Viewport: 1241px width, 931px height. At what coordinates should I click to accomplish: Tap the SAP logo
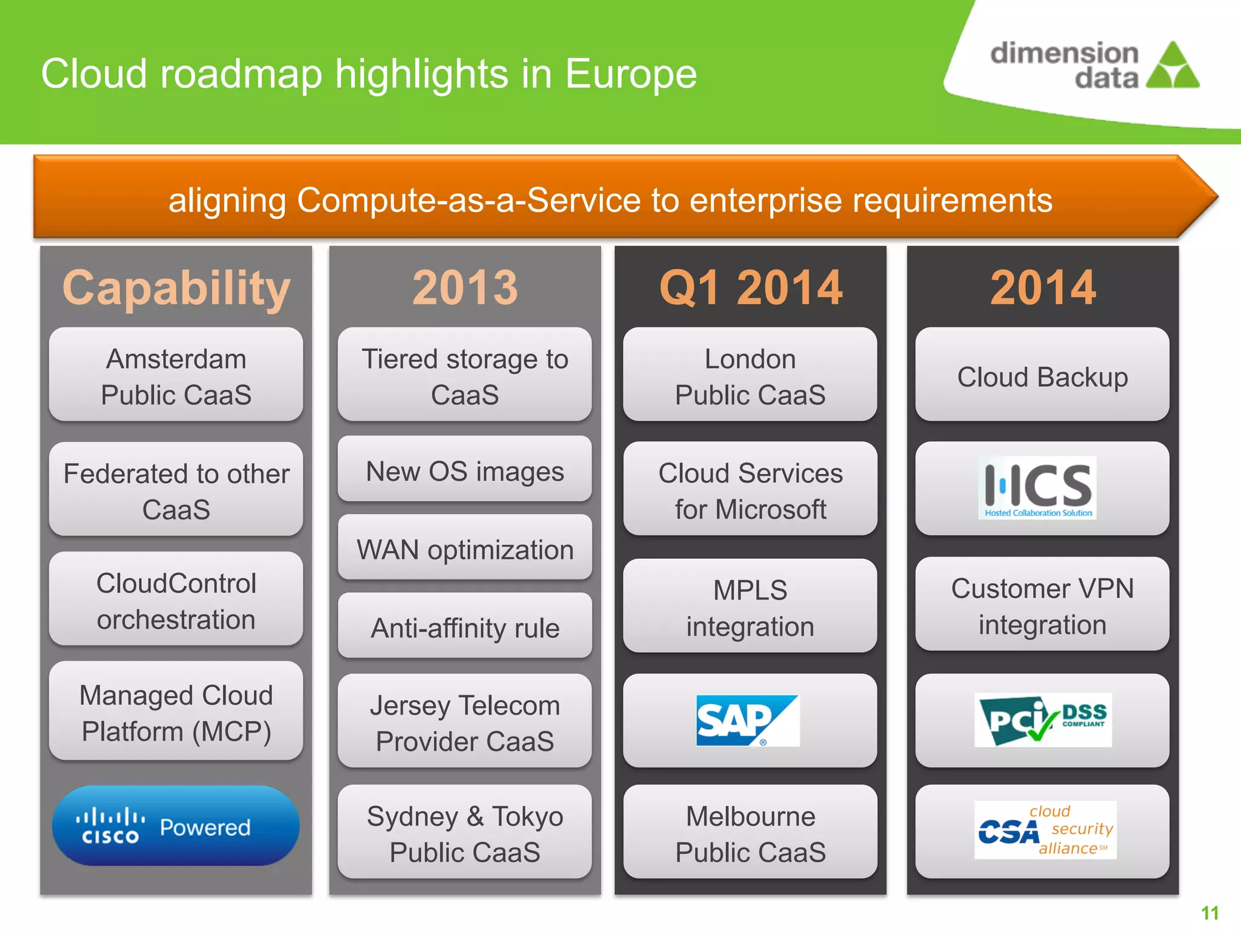[748, 720]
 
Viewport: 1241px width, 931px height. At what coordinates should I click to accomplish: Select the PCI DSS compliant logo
[1043, 719]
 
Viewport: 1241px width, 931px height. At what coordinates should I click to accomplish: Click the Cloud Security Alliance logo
[1045, 830]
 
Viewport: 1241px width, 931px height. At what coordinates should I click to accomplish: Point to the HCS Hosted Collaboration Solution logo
[1037, 488]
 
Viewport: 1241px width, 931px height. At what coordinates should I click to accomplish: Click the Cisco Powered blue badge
[176, 826]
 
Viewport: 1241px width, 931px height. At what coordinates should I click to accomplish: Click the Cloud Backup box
[1042, 376]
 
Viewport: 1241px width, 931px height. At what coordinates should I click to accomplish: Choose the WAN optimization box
[465, 548]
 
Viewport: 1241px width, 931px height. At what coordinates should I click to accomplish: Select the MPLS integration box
[750, 607]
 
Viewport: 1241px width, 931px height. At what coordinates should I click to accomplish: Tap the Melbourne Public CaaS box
[750, 833]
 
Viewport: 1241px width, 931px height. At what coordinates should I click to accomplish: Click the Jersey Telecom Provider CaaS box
[465, 722]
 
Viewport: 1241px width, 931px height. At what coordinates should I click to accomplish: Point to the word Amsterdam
[176, 359]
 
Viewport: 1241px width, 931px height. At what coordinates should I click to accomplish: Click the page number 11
[1209, 913]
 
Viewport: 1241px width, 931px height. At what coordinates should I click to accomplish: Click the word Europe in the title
[630, 74]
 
